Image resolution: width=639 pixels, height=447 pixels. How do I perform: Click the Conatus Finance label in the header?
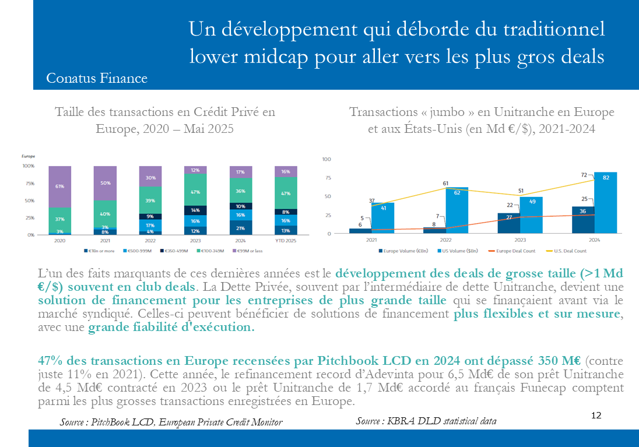coord(96,78)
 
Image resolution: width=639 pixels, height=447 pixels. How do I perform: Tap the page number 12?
coord(596,416)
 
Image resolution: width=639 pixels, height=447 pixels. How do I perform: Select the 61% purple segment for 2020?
coord(59,186)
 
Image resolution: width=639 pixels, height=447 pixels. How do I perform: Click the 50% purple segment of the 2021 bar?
coord(105,183)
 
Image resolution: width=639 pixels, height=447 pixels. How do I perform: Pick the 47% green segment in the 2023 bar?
coord(195,192)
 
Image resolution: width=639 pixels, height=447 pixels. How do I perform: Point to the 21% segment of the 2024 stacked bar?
coord(240,227)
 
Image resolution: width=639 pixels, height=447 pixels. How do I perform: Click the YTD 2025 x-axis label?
coord(286,240)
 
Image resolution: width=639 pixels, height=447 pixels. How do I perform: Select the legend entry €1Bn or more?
coord(97,251)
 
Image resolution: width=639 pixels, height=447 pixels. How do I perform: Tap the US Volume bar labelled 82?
coord(606,202)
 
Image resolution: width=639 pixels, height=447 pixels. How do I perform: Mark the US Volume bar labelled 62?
coord(457,210)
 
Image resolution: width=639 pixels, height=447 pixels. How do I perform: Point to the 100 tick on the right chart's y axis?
coord(326,159)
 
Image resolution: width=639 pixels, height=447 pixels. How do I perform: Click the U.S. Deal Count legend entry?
coord(569,251)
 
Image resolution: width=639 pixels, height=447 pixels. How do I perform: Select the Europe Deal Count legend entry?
coord(514,251)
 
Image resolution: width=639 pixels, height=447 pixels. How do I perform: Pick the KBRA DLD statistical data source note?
coord(426,421)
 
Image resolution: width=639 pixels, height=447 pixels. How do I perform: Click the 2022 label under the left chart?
coord(150,240)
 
